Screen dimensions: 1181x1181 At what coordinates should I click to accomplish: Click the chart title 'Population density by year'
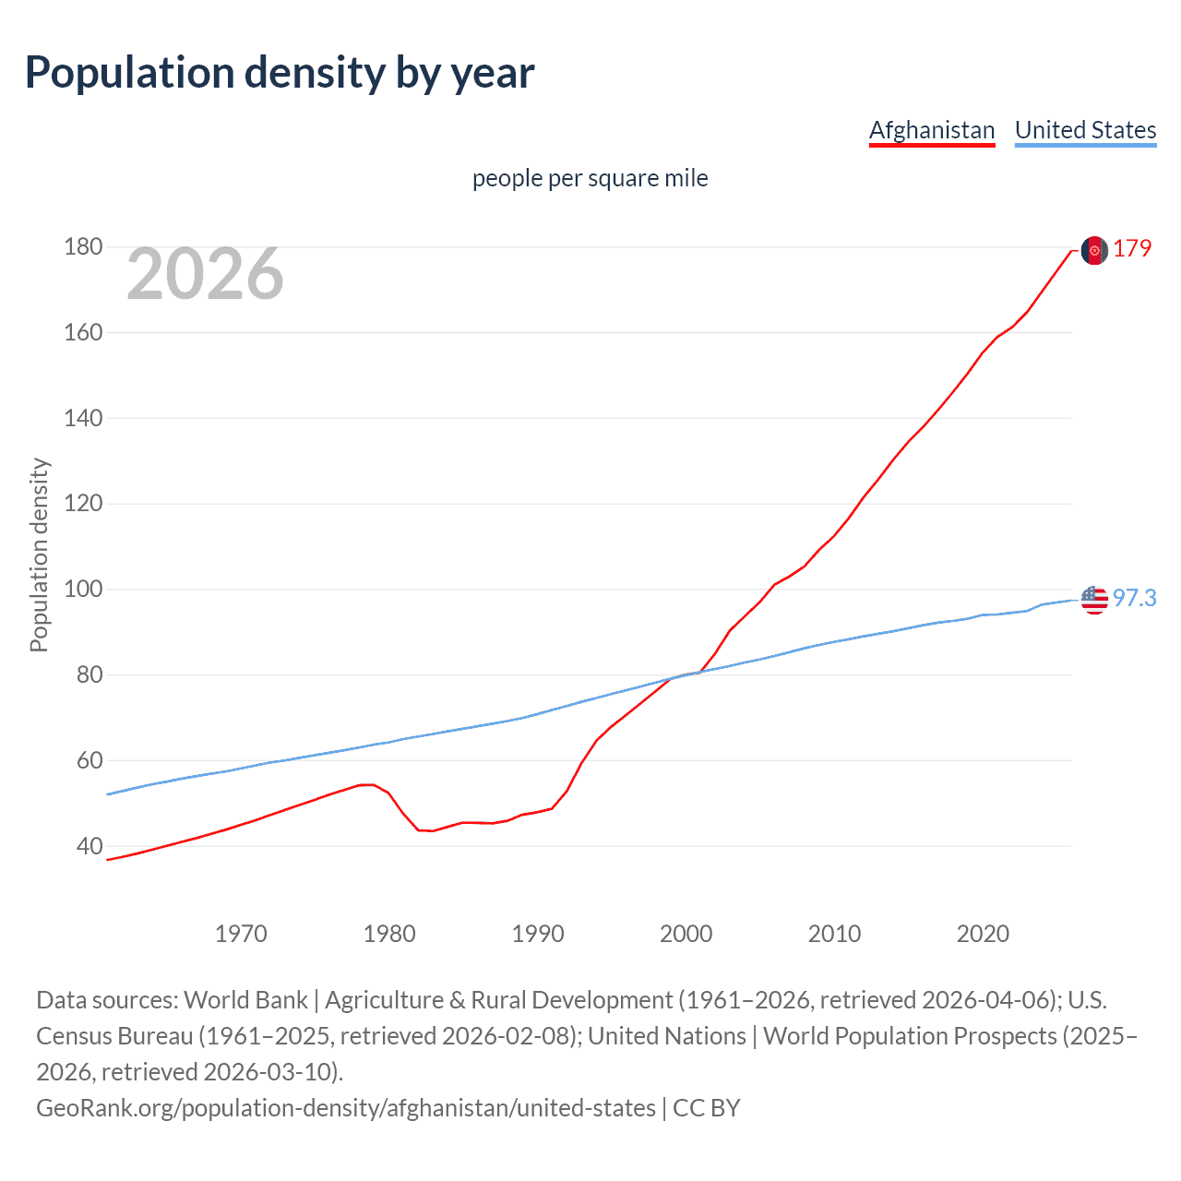click(x=279, y=73)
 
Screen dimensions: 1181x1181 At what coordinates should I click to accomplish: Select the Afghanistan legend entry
click(x=932, y=130)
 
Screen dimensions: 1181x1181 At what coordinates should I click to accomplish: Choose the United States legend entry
click(x=1085, y=130)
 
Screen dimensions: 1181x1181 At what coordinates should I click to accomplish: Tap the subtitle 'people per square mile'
click(x=590, y=178)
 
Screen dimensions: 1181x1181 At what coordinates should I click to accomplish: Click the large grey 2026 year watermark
click(x=205, y=273)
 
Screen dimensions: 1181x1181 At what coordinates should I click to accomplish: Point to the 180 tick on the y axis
click(x=83, y=247)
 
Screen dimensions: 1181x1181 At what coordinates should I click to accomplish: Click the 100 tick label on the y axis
click(x=83, y=590)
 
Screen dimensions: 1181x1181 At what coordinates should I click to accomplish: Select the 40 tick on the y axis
click(x=89, y=846)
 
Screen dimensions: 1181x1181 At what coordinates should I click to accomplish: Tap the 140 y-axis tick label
click(x=83, y=418)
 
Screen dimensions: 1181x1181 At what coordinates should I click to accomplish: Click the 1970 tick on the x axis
click(x=241, y=934)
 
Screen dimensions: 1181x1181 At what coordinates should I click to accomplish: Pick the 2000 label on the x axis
click(x=686, y=934)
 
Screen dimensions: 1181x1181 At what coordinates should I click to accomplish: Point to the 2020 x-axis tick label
click(x=983, y=934)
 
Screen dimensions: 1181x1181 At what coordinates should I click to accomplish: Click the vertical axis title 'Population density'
click(x=39, y=555)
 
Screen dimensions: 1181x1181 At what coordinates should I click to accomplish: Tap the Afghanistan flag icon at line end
click(x=1094, y=250)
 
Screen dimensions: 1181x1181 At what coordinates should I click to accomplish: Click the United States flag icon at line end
click(x=1094, y=600)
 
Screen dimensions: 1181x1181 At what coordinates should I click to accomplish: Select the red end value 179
click(x=1132, y=249)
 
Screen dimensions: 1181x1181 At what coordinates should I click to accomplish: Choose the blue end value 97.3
click(x=1134, y=599)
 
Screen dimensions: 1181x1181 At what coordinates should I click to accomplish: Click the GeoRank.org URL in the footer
click(x=346, y=1107)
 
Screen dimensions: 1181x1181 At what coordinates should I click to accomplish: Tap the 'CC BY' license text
click(x=707, y=1107)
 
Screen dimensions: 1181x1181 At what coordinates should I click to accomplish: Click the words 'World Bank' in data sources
click(x=245, y=1000)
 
